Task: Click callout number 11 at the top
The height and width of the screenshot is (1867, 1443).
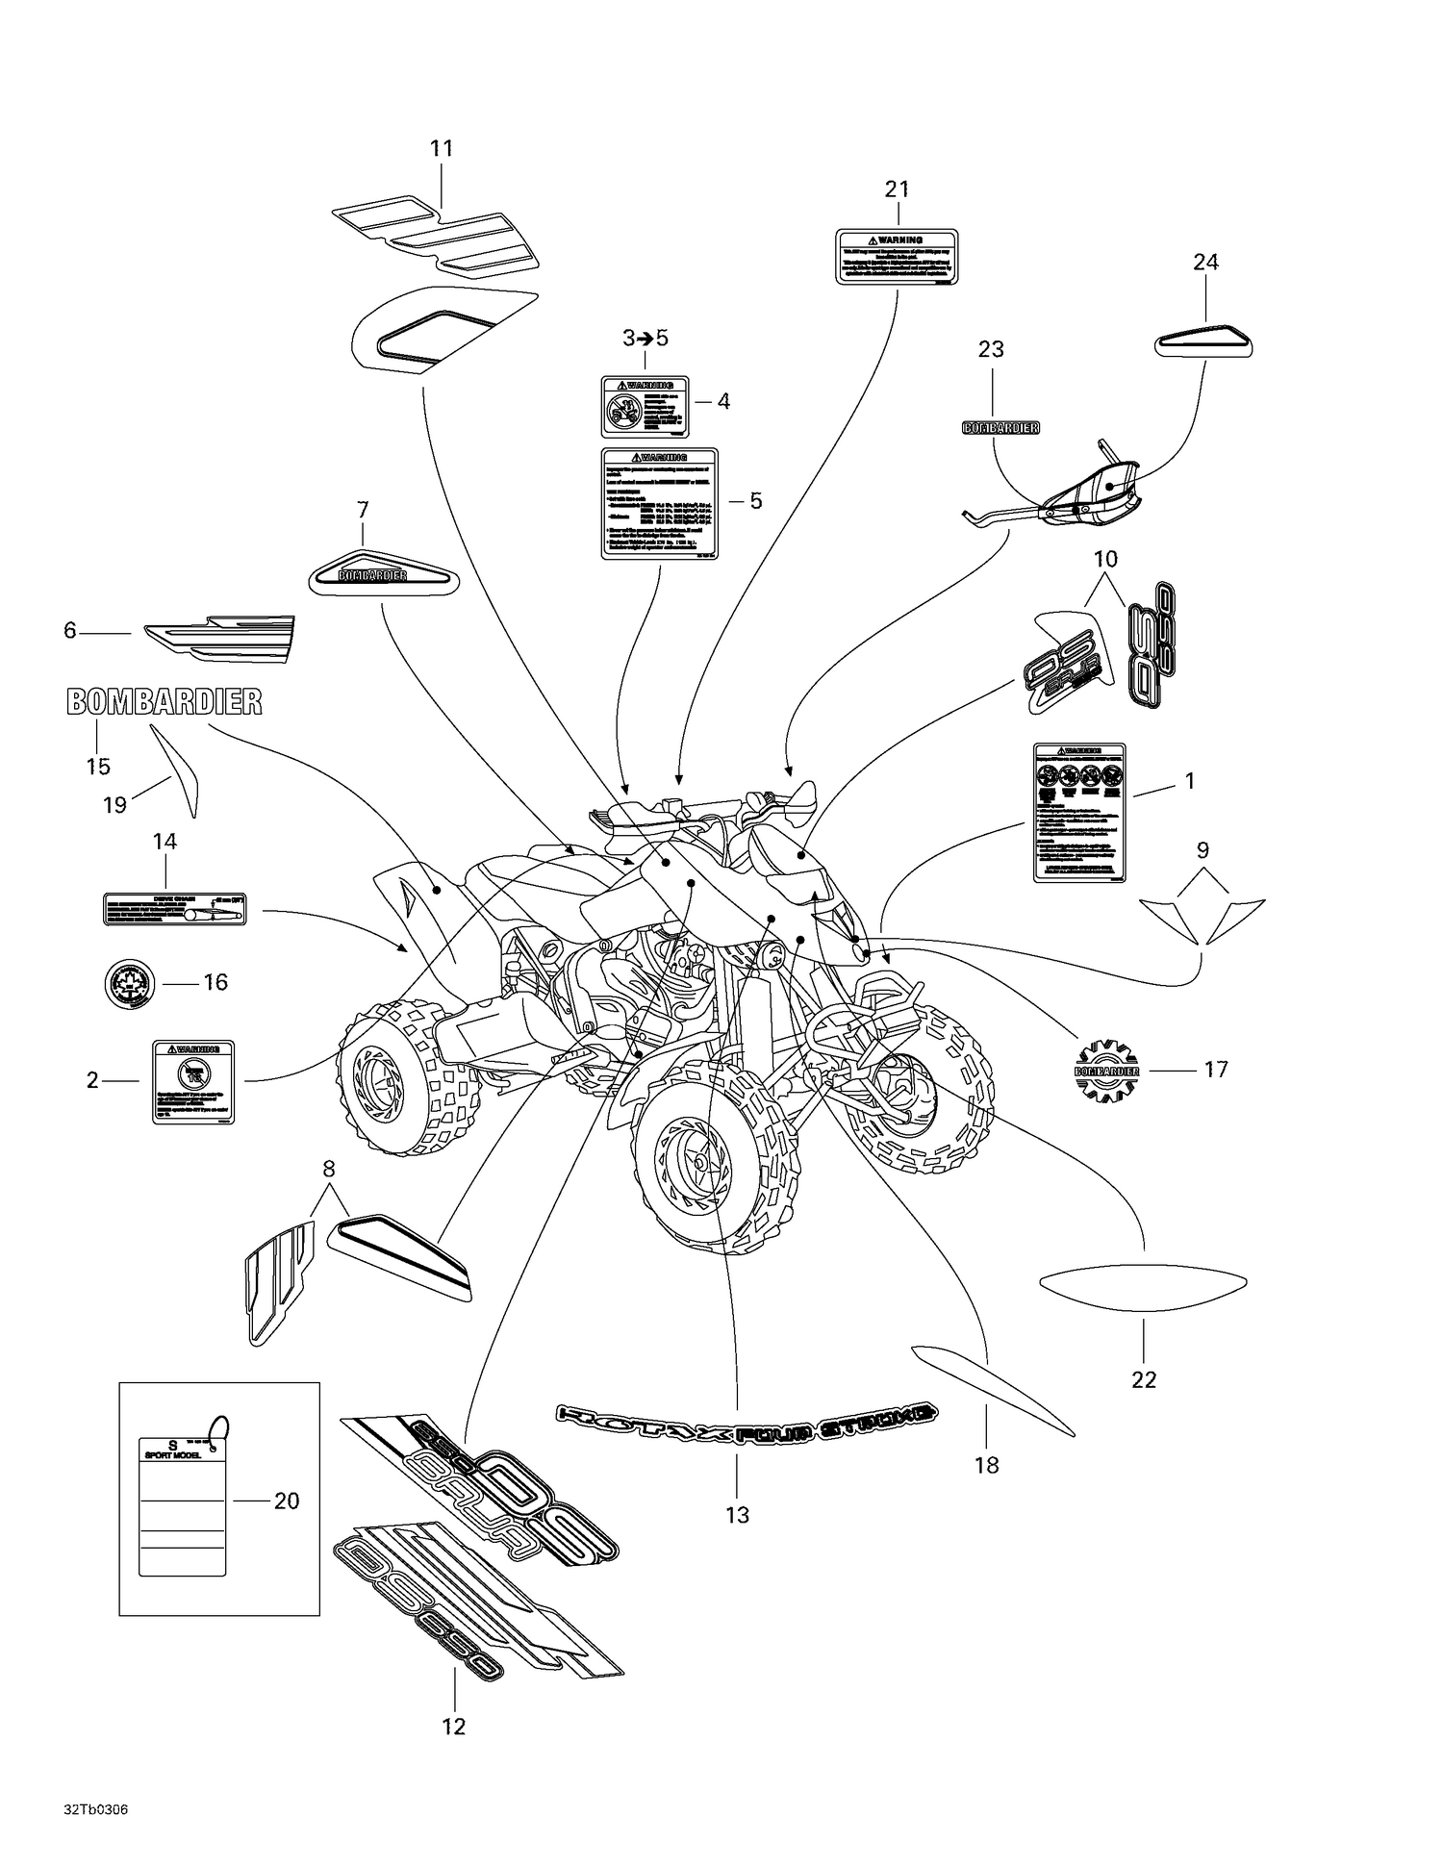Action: (441, 149)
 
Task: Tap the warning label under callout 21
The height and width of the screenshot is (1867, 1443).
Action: (897, 256)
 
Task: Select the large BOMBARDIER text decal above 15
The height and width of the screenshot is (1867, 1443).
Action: (164, 702)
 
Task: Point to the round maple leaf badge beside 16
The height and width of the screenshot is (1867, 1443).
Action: (129, 983)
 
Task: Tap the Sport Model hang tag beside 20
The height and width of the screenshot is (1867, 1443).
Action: (182, 1504)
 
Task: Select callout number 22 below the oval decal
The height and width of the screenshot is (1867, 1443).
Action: (1144, 1379)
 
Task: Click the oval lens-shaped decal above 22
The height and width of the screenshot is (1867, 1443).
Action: (1144, 1288)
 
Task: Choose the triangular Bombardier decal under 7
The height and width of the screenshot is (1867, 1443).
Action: (383, 575)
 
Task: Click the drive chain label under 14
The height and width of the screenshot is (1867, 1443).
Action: (174, 908)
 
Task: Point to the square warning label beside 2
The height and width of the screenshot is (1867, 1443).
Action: (193, 1081)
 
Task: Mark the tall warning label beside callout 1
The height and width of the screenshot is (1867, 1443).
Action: (1079, 813)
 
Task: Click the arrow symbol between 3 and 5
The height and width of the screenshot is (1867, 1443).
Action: (645, 339)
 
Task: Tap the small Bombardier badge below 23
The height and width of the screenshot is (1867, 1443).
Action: (1000, 427)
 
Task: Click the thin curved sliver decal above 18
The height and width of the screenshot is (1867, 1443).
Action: (991, 1388)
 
